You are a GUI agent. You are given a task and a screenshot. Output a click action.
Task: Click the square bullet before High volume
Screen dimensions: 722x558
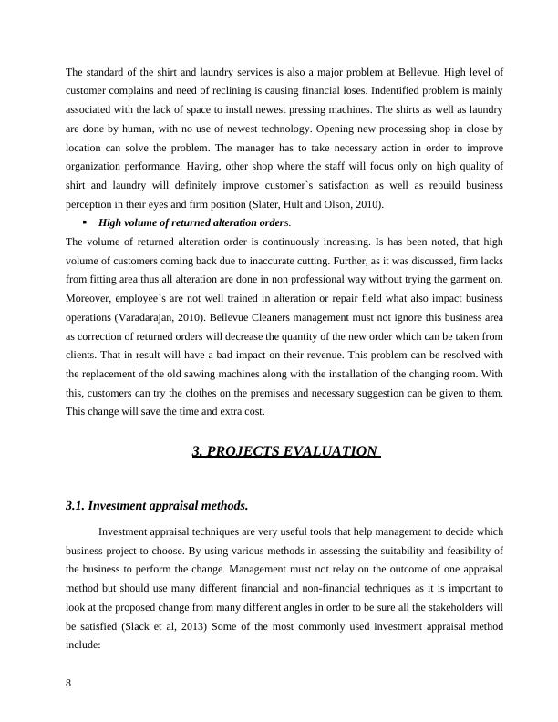(x=84, y=222)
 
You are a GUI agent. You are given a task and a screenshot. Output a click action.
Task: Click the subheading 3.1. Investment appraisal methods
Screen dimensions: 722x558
(x=157, y=506)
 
